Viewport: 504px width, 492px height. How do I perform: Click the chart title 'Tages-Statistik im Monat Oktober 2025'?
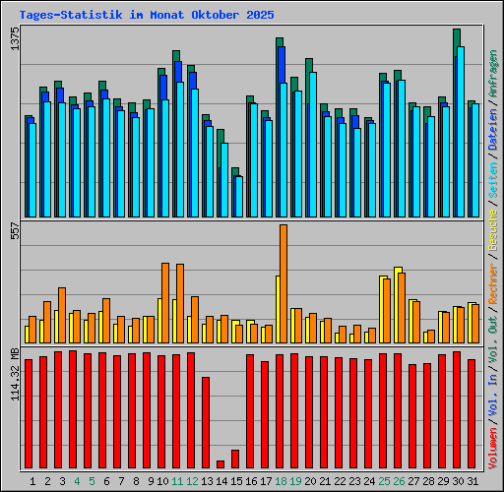(147, 16)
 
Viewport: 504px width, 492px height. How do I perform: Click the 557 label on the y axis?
(14, 232)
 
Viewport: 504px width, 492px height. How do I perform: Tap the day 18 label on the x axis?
(281, 481)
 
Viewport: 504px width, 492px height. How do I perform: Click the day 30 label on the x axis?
(458, 481)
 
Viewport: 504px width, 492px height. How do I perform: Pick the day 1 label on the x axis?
(33, 481)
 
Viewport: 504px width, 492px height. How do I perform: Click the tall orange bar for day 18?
(283, 283)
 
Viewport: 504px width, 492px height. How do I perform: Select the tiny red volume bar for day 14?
(220, 463)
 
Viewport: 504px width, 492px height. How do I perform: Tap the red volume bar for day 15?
(235, 459)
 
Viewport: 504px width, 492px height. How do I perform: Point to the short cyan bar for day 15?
(238, 196)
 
